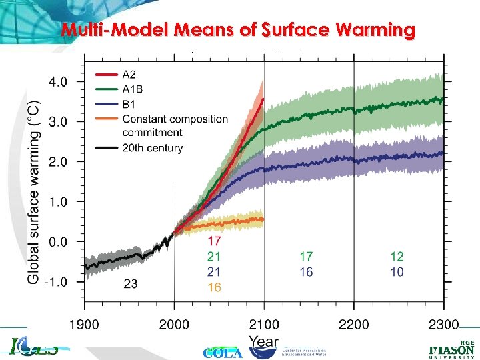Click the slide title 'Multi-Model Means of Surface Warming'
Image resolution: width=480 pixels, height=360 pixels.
pos(238,30)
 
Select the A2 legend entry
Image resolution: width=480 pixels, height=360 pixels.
pos(131,75)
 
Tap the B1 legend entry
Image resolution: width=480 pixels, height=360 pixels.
pos(131,104)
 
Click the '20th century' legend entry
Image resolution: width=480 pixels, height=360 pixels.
pos(152,148)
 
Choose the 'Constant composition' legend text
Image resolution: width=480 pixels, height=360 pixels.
pos(175,119)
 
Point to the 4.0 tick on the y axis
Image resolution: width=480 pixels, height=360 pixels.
pos(56,82)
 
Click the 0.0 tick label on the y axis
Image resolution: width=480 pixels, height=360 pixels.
pos(56,242)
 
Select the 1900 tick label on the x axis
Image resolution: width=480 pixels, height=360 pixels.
pos(84,325)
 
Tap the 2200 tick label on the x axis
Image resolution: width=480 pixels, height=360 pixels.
pos(354,325)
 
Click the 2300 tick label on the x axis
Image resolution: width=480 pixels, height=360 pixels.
pos(443,325)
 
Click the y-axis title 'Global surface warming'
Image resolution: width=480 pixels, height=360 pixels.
pos(33,192)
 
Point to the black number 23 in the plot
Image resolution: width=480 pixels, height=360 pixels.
pos(131,284)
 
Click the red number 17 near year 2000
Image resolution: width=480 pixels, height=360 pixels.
pos(214,241)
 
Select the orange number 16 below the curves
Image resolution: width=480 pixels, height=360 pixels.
pos(214,287)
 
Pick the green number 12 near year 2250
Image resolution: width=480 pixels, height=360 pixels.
pos(397,256)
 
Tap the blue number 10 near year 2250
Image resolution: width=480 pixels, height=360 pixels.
pos(397,272)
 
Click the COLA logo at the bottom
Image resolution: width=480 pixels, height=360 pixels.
pos(223,353)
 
